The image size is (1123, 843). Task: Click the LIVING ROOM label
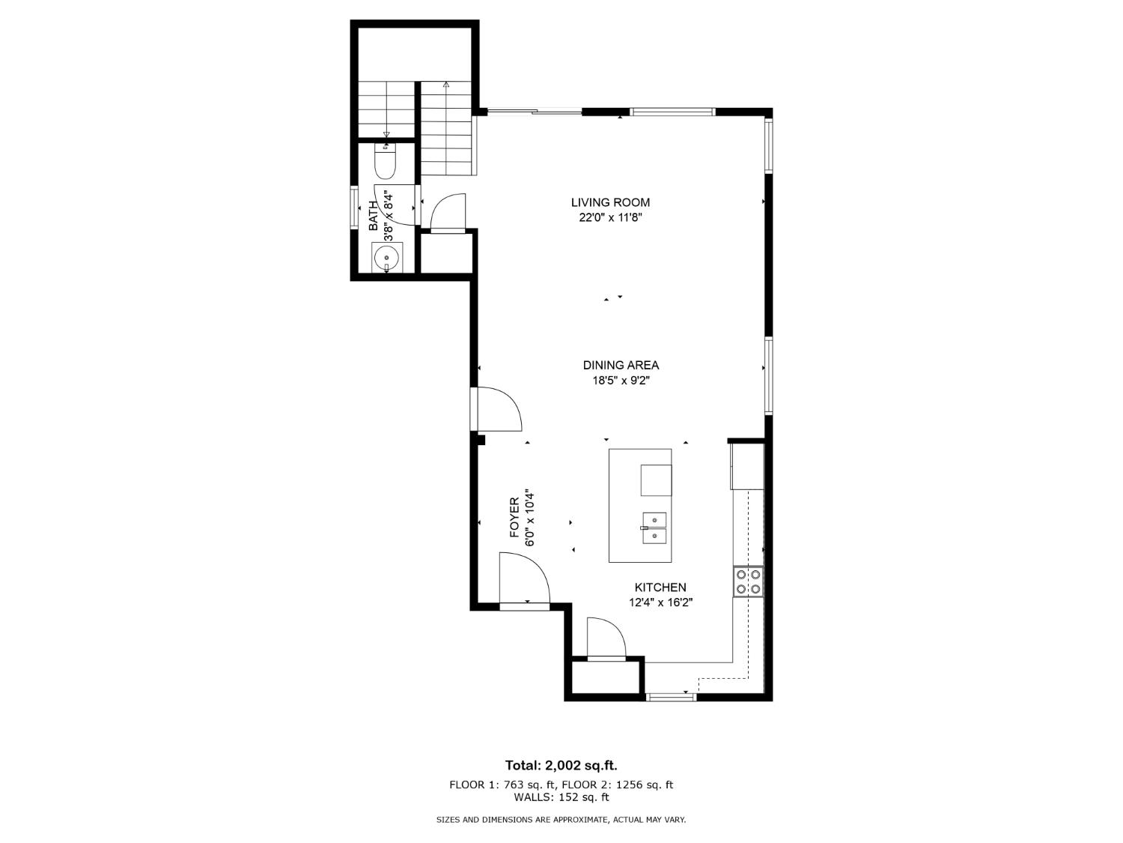point(610,202)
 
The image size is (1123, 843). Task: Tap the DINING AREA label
point(621,365)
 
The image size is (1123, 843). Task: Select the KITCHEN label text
point(660,587)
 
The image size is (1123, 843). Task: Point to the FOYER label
point(515,518)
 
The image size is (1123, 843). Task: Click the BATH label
point(374,216)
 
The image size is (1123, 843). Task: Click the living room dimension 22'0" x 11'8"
point(610,218)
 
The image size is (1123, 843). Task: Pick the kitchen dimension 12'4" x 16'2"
point(660,602)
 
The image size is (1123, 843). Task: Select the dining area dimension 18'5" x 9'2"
point(621,381)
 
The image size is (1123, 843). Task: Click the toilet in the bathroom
point(385,163)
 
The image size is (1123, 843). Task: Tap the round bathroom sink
point(386,256)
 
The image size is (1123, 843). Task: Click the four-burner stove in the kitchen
point(748,582)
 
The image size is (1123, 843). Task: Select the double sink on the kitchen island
point(654,528)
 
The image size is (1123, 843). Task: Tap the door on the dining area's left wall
point(497,409)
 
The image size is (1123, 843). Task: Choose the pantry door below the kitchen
point(606,638)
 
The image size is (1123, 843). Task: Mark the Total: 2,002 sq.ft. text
point(561,765)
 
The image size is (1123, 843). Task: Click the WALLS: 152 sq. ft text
point(561,797)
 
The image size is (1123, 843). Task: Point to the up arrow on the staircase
point(446,85)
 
